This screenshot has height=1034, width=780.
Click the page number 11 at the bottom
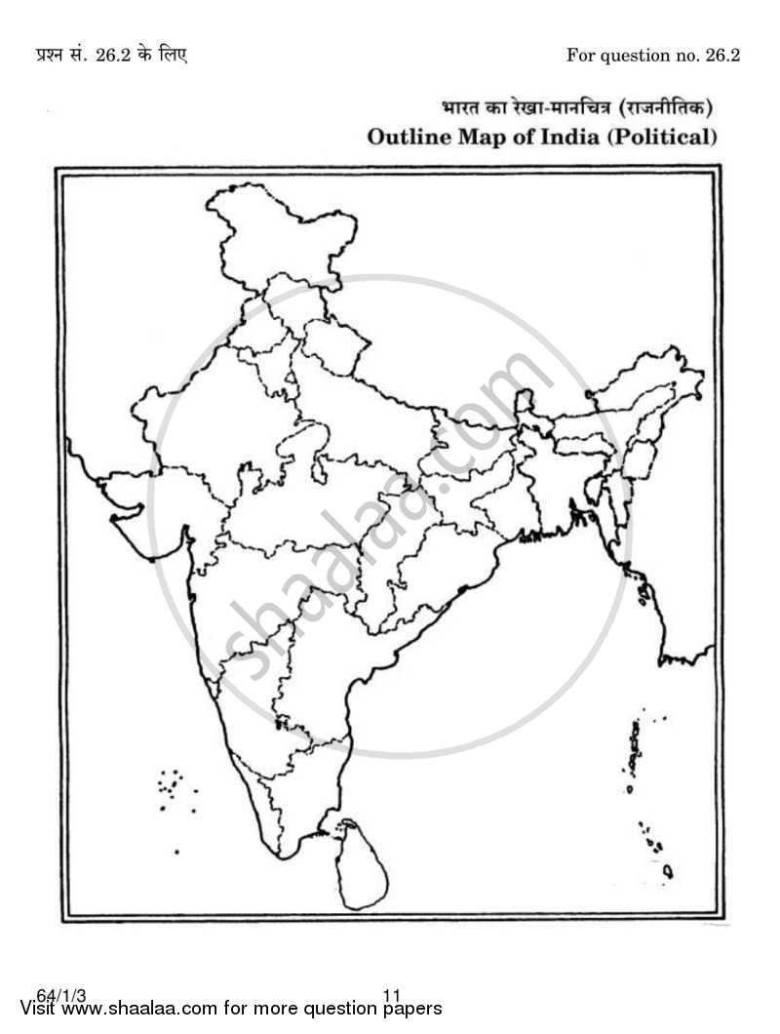[392, 995]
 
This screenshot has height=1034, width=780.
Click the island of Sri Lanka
[363, 863]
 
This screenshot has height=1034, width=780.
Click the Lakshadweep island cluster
[172, 785]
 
